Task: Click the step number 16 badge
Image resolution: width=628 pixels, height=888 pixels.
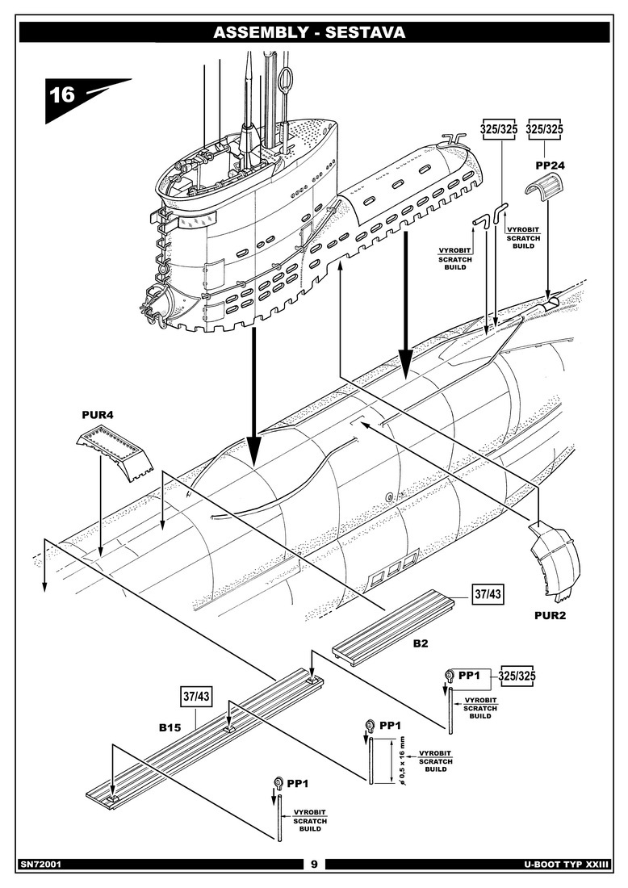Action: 63,95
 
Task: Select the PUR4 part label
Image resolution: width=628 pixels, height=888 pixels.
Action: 98,416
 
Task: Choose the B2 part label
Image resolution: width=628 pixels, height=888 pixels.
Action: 421,643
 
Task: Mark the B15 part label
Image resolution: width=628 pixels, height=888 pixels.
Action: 169,727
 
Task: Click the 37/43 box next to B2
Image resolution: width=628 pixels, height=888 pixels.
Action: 488,595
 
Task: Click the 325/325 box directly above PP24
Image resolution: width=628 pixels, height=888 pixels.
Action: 544,129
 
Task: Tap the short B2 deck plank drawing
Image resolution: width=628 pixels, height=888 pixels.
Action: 400,622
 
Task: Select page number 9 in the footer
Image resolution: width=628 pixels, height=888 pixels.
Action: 314,864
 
